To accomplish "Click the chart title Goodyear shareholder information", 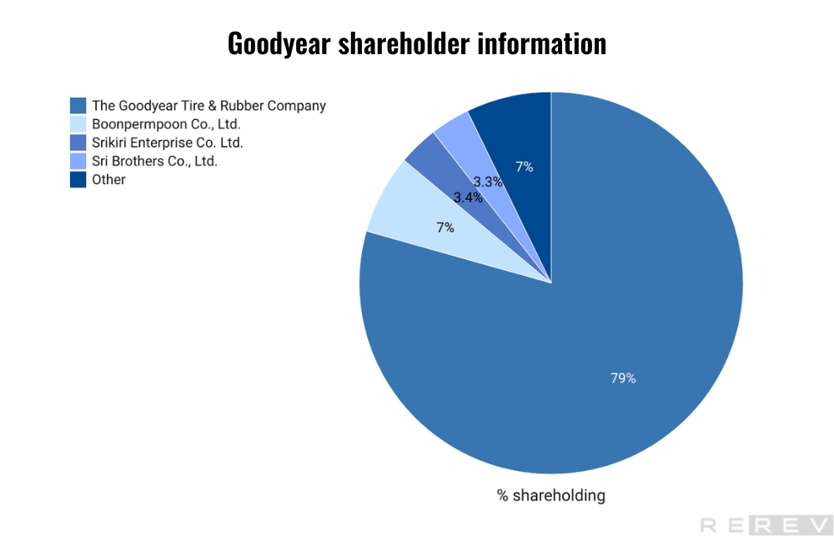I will tap(417, 43).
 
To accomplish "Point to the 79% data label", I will tap(623, 378).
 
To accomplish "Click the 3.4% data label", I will tap(468, 198).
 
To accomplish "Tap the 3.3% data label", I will tap(488, 182).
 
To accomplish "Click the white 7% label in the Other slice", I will tap(524, 167).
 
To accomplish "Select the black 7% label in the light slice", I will tap(445, 228).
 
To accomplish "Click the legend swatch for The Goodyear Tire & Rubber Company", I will tap(78, 106).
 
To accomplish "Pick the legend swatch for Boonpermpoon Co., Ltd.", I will tap(78, 124).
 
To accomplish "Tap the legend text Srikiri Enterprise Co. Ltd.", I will tap(167, 143).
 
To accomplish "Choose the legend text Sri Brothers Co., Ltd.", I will tap(154, 161).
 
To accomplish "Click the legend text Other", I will tap(108, 179).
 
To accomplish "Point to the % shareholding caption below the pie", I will tap(551, 495).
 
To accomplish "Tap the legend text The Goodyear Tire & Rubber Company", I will tap(208, 106).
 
